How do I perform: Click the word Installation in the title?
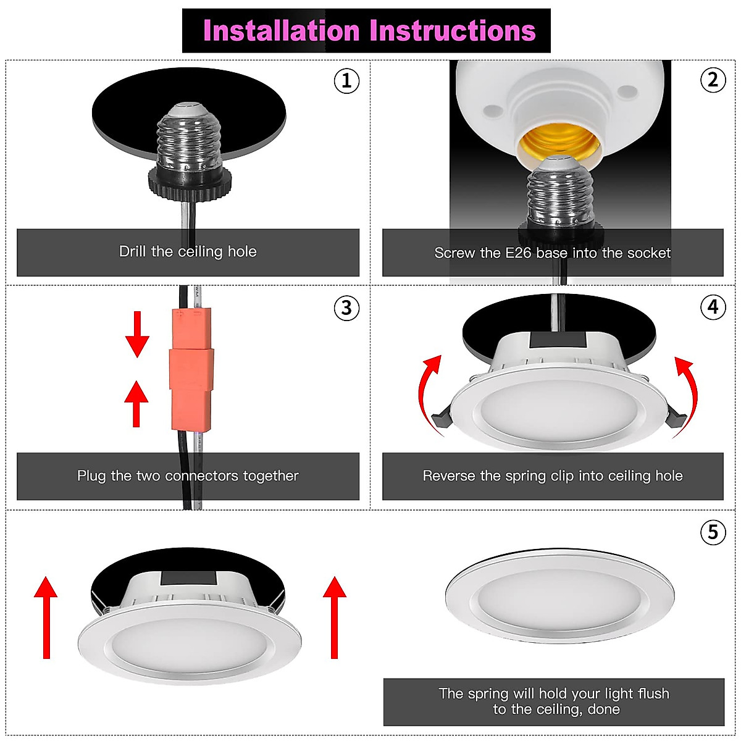281,31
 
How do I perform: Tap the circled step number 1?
346,81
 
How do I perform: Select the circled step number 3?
346,308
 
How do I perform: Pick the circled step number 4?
713,307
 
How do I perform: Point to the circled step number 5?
713,532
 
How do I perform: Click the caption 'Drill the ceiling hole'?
188,252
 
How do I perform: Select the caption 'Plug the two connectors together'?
188,476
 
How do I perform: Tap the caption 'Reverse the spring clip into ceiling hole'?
553,476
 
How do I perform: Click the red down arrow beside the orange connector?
137,334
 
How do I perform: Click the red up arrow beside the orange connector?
136,403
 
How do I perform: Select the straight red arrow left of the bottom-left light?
46,617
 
